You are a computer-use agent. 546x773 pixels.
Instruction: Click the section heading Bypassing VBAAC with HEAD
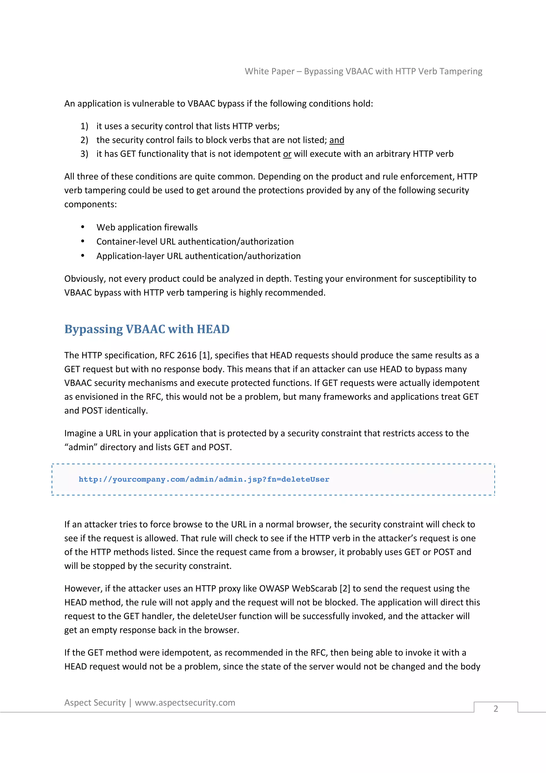(147, 329)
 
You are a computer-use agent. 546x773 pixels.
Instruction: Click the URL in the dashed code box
(204, 479)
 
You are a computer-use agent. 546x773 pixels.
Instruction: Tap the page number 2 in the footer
(496, 709)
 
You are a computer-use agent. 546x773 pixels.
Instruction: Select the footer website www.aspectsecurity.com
(185, 702)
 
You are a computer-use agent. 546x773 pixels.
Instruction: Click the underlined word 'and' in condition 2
(336, 140)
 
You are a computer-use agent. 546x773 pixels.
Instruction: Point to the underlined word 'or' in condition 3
(287, 154)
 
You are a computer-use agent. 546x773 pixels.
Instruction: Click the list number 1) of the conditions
(84, 126)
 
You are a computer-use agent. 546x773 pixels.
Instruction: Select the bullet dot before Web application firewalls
(83, 227)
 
